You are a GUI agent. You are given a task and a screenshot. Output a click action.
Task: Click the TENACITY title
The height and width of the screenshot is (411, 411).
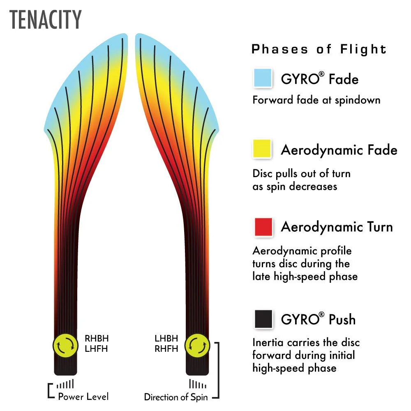click(45, 20)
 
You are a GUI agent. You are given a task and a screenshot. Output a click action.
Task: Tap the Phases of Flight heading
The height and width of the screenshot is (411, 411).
click(319, 49)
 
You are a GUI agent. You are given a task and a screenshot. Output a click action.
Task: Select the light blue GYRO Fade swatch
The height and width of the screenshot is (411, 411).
click(263, 78)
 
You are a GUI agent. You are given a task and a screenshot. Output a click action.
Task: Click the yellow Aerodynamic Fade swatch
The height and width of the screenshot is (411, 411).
click(262, 149)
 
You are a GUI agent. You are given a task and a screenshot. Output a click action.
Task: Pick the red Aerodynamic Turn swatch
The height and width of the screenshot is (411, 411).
click(263, 227)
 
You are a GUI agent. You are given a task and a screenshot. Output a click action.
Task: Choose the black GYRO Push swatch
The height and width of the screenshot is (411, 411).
click(263, 319)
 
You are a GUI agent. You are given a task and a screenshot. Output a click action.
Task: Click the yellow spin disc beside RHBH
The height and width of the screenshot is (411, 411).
click(65, 346)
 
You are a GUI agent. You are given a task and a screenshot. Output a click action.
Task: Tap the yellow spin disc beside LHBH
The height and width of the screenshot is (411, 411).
click(197, 346)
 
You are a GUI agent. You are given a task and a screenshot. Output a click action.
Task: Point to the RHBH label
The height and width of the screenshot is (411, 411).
click(97, 338)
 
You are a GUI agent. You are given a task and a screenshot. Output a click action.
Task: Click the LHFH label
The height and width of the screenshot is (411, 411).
click(96, 349)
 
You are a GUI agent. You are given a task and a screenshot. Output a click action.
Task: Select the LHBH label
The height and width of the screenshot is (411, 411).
click(166, 338)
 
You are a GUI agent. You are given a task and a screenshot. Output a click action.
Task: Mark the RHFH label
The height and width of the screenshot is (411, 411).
click(166, 349)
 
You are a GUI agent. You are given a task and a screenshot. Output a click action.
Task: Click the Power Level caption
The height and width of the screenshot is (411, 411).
click(83, 397)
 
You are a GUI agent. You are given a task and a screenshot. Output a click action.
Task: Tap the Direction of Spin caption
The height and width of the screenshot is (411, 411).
click(176, 397)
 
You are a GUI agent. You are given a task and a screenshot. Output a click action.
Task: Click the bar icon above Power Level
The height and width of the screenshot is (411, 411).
click(65, 384)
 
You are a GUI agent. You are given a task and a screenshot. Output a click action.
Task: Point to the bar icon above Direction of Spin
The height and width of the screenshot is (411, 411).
click(198, 384)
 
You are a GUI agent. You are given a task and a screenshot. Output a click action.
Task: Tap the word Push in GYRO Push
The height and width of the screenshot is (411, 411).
click(342, 319)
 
